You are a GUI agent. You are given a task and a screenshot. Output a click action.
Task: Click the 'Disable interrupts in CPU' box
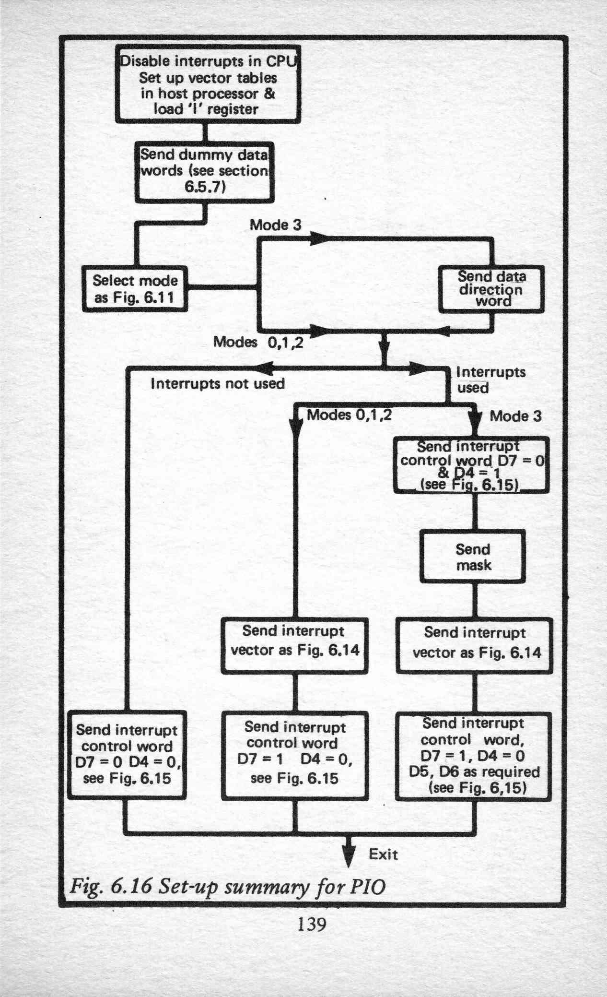208,84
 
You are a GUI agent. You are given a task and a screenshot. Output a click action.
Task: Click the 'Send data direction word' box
491,289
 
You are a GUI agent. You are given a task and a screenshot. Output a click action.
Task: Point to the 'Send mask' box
473,557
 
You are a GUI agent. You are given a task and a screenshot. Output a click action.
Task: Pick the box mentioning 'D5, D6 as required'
474,756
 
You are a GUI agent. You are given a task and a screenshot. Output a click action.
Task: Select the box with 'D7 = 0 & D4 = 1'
471,465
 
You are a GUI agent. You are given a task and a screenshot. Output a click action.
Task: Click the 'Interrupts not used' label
218,384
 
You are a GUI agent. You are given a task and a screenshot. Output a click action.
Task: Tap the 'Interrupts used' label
491,380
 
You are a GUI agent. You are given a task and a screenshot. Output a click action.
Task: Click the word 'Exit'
383,854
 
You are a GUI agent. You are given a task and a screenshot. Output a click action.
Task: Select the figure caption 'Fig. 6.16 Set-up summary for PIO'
228,886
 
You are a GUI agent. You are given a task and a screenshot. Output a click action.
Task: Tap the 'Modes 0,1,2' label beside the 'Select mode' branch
258,342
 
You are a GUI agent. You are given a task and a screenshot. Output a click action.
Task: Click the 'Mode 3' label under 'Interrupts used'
515,416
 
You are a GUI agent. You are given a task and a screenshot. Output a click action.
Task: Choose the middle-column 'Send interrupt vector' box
294,646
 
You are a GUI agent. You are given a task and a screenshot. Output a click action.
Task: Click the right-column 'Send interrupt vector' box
474,646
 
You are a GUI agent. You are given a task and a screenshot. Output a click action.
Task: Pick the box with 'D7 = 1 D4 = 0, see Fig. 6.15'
295,756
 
